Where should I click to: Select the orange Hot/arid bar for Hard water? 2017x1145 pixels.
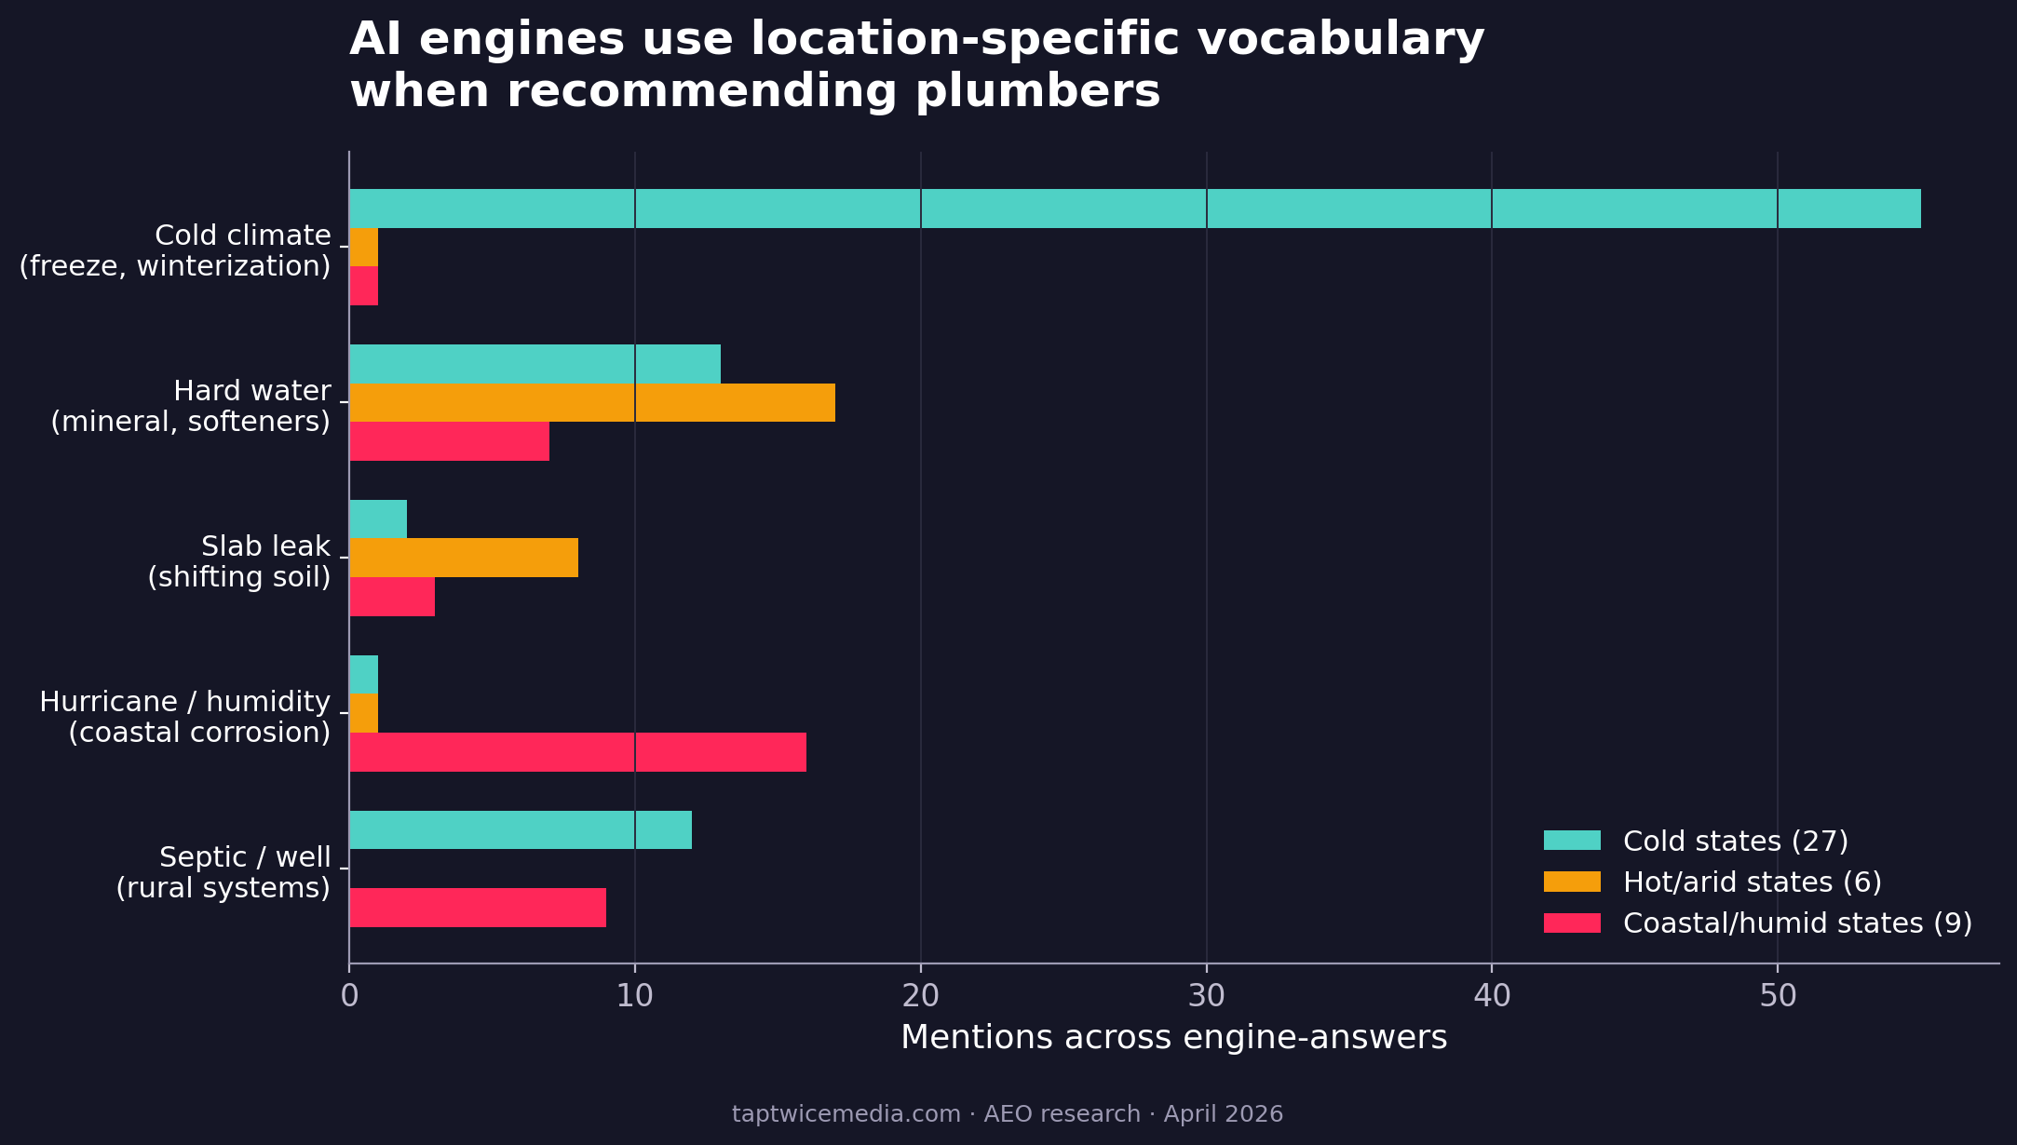click(592, 402)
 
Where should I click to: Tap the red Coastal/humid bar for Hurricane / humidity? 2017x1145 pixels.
click(577, 752)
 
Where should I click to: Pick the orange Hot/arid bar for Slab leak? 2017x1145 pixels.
click(464, 558)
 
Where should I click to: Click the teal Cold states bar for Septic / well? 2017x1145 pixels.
click(521, 829)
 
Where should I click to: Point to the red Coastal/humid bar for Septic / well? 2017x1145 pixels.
click(478, 908)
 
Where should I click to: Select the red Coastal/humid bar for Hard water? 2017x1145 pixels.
click(449, 441)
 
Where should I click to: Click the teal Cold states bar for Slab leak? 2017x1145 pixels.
click(378, 519)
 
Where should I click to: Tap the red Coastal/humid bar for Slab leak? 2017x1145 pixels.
click(392, 597)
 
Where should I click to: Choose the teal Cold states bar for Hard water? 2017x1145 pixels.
click(535, 364)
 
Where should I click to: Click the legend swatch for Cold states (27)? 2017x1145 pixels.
click(1572, 841)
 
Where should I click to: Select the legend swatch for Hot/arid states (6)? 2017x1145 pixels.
click(1572, 882)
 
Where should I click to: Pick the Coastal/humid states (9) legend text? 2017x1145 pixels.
click(1797, 923)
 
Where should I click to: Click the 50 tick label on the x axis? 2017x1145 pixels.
click(1777, 996)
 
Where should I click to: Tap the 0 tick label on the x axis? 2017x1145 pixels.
click(349, 996)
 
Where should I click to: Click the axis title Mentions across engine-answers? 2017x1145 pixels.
click(1173, 1037)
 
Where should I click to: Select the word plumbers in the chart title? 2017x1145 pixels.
click(1037, 92)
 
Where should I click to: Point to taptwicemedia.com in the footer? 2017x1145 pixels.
click(846, 1114)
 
